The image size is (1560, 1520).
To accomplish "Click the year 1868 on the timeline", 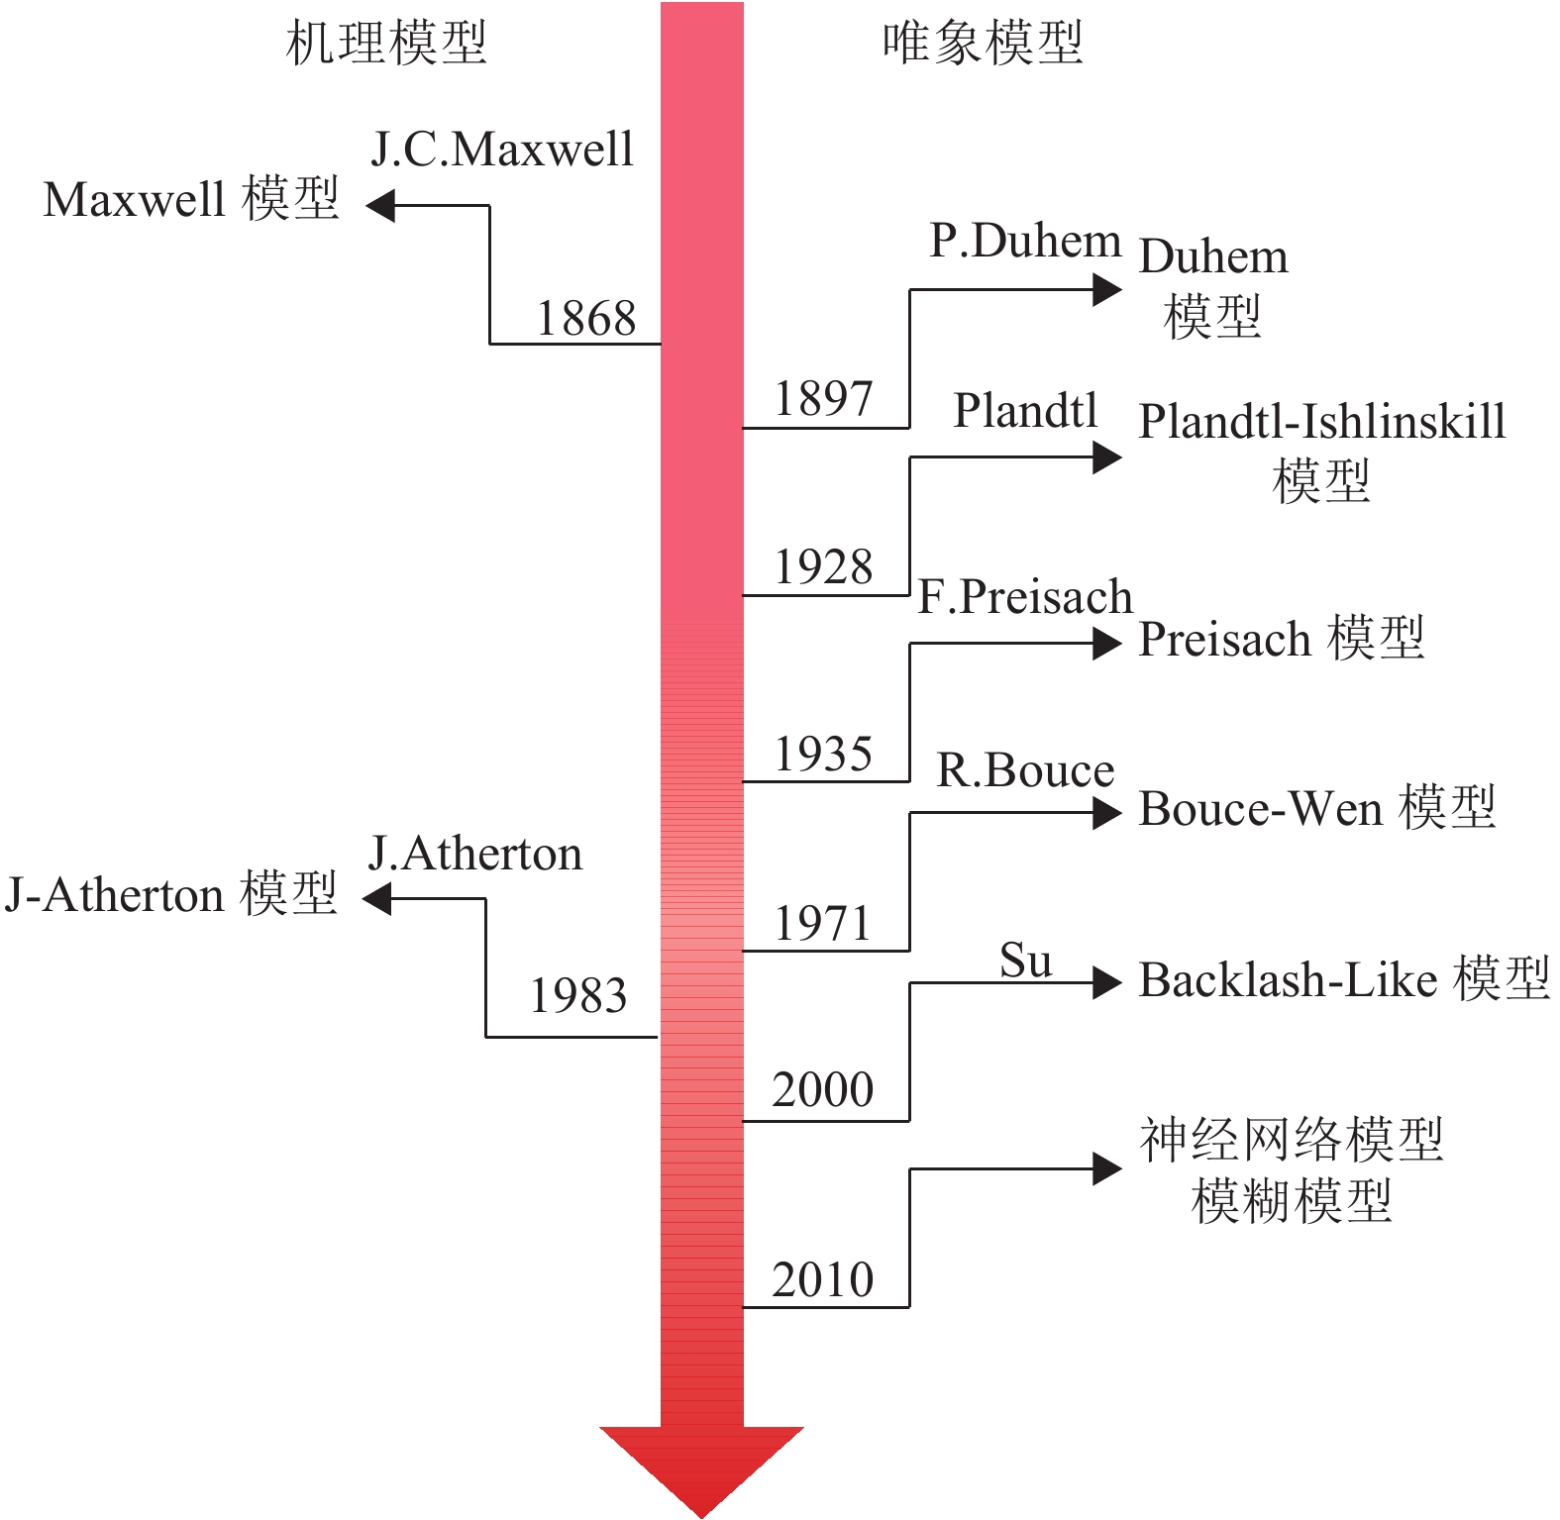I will [x=585, y=319].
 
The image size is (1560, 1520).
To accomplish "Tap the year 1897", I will [x=823, y=399].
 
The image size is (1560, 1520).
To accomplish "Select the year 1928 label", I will [x=823, y=567].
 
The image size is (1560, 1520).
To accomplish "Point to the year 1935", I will [x=823, y=755].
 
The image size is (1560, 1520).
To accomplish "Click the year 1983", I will [x=578, y=996].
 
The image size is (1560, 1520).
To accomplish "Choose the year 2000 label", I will [x=823, y=1090].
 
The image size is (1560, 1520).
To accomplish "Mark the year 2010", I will [x=823, y=1279].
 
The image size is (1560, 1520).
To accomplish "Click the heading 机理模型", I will [x=386, y=44].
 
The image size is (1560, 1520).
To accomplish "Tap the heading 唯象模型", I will [x=983, y=44].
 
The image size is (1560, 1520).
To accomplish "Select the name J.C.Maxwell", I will [x=502, y=150].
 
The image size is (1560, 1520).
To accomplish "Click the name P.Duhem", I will [x=1025, y=241].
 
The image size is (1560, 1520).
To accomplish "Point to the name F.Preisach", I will [x=1025, y=597].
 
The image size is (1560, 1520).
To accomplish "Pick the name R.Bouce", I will [x=1025, y=770].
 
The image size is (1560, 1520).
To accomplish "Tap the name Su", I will [x=1025, y=961].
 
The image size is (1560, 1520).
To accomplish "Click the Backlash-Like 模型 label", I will [x=1344, y=979].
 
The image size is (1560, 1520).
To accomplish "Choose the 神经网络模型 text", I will [x=1292, y=1140].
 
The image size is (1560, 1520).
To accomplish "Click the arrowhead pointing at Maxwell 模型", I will [x=380, y=206].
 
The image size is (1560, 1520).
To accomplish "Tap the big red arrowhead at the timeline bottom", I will [x=701, y=1466].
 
